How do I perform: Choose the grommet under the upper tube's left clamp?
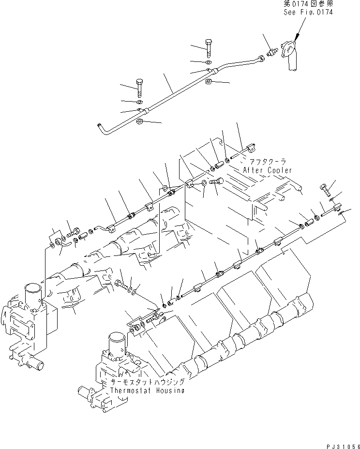tap(139, 122)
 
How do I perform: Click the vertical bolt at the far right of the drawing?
tap(324, 189)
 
